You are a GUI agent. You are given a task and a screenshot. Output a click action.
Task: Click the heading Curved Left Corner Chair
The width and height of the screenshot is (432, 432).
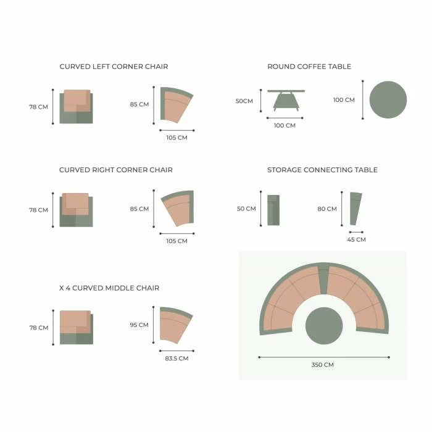tap(114, 67)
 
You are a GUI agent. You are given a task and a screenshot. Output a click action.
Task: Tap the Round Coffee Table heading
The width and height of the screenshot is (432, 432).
tap(309, 67)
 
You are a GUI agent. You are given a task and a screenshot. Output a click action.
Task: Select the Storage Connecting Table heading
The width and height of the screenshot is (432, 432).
tap(322, 170)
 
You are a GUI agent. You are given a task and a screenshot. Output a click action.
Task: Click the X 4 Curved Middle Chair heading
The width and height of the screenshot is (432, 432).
tap(109, 288)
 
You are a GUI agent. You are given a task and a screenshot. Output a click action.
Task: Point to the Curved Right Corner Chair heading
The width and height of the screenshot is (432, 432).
tap(116, 170)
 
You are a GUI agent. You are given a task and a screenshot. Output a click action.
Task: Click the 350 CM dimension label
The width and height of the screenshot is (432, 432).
tap(323, 365)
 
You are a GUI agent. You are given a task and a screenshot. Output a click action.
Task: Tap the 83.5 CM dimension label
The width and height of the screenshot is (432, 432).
tap(177, 359)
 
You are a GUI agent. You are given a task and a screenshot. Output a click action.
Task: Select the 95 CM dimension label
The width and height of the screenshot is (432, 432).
tap(139, 325)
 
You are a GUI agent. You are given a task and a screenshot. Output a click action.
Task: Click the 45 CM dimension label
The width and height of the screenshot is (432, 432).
tap(357, 239)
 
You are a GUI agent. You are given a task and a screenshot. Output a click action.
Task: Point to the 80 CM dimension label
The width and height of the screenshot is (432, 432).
tap(327, 209)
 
